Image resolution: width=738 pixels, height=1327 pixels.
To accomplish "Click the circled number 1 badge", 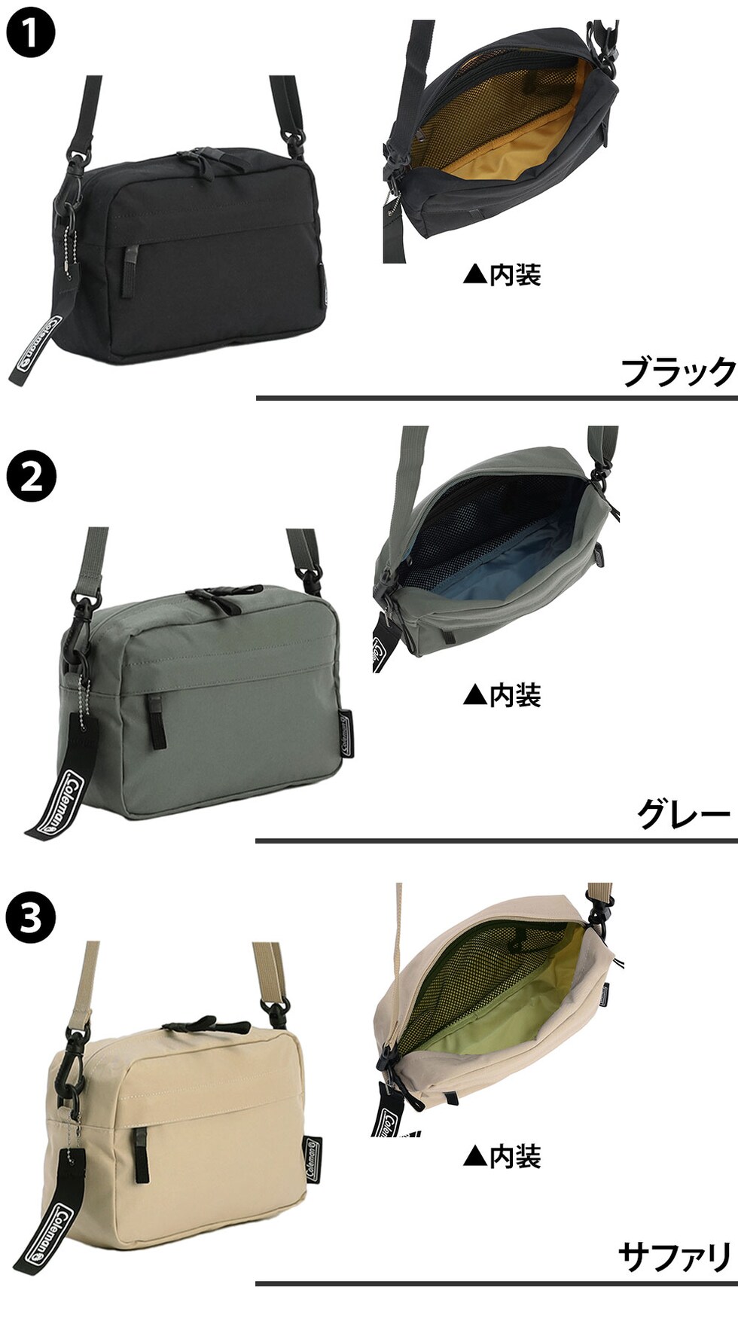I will click(31, 32).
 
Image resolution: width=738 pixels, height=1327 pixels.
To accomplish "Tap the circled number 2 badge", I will click(31, 476).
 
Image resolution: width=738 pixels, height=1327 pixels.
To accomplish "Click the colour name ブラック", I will click(678, 372).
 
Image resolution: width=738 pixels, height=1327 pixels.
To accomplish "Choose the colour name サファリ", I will click(675, 1258).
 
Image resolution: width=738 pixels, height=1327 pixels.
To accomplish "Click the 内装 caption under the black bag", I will click(502, 275).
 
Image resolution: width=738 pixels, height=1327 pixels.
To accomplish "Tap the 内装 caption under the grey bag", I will click(502, 695).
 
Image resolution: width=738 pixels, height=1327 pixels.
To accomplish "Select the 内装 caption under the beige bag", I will click(502, 1156).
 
